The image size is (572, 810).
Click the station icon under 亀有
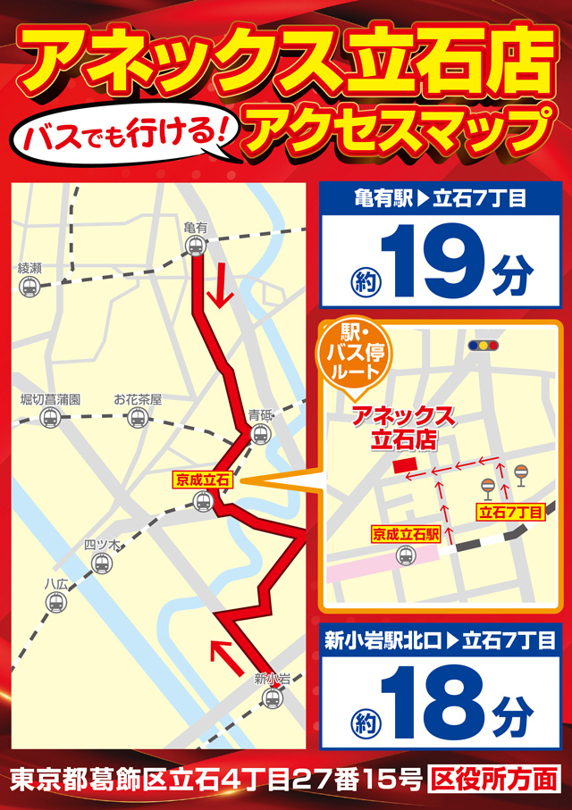pyautogui.click(x=194, y=246)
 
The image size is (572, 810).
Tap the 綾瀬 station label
pyautogui.click(x=29, y=268)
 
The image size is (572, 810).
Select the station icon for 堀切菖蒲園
pyautogui.click(x=51, y=418)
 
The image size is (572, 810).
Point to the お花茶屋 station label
pyautogui.click(x=138, y=399)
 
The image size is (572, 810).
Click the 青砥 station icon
pyautogui.click(x=260, y=434)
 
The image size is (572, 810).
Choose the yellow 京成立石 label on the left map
pyautogui.click(x=202, y=480)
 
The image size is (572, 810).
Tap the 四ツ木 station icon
pyautogui.click(x=102, y=564)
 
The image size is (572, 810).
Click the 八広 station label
pyautogui.click(x=55, y=583)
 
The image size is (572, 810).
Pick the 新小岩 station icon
pyautogui.click(x=273, y=698)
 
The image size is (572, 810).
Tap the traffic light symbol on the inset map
pyautogui.click(x=484, y=346)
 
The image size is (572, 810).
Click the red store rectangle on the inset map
pyautogui.click(x=403, y=467)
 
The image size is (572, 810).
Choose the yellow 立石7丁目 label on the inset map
pyautogui.click(x=510, y=512)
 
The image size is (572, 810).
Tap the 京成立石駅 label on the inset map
pyautogui.click(x=406, y=534)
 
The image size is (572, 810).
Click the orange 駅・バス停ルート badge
pyautogui.click(x=355, y=354)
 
